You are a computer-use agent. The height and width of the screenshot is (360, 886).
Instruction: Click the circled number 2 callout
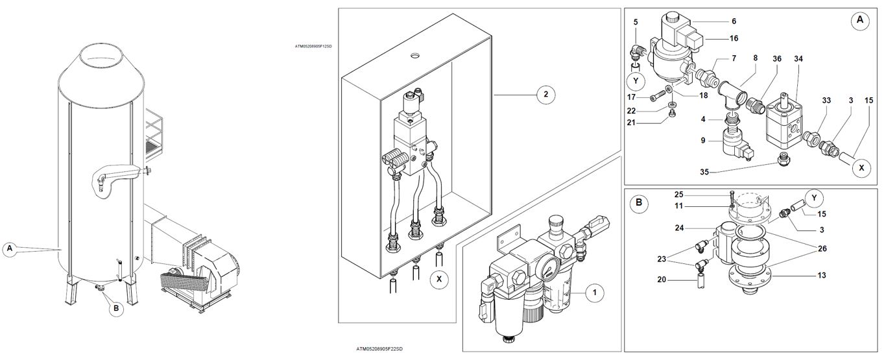click(546, 94)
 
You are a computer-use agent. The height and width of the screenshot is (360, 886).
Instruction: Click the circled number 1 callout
click(595, 293)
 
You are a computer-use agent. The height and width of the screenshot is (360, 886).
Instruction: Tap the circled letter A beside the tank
click(10, 249)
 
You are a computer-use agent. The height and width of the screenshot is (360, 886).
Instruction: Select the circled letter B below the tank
click(116, 308)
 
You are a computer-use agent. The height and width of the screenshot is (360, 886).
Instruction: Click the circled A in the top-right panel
click(859, 20)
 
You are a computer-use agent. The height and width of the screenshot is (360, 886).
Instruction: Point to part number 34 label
click(798, 58)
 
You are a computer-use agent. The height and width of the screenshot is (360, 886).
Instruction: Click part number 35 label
click(704, 172)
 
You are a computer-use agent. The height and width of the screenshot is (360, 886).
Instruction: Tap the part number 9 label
click(703, 141)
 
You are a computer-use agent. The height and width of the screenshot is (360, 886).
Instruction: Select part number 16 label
click(734, 38)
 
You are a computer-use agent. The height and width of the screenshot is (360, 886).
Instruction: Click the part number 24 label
click(680, 228)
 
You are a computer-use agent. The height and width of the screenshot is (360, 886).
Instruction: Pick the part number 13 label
click(822, 275)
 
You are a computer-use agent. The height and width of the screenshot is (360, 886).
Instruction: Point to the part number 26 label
click(822, 248)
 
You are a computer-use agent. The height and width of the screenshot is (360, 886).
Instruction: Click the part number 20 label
click(662, 280)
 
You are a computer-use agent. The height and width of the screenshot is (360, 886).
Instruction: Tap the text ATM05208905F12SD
click(313, 46)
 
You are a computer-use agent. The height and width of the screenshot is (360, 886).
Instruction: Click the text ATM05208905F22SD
click(379, 349)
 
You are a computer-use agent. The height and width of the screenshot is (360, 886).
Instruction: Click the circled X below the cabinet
click(439, 280)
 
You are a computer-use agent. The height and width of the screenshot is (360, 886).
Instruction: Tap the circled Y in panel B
click(814, 198)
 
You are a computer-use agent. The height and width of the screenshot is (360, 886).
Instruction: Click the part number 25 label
click(678, 195)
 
